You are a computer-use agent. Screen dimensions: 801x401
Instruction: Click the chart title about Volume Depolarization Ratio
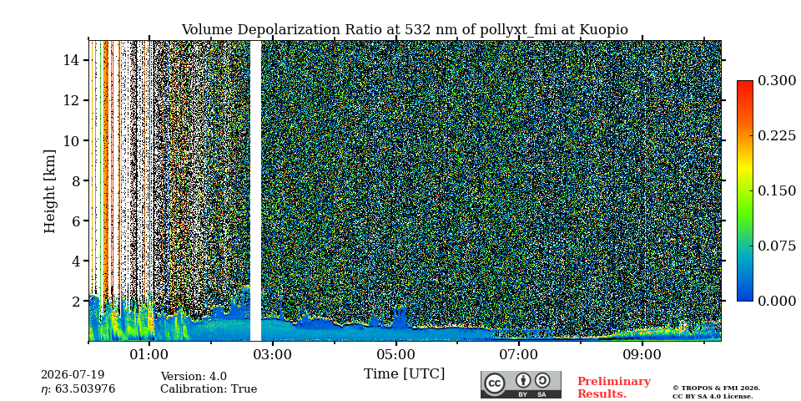click(405, 30)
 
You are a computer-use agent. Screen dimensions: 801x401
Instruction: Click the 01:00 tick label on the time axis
click(149, 355)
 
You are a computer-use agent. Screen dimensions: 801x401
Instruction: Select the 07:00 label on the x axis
click(519, 355)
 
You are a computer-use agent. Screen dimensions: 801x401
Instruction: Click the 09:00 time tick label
click(642, 355)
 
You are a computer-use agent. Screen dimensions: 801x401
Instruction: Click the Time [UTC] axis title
click(404, 374)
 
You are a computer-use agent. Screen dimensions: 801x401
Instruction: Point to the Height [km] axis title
click(49, 191)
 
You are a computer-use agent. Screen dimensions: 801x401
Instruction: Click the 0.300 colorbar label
click(777, 81)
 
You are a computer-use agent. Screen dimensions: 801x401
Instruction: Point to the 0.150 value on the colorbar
click(777, 190)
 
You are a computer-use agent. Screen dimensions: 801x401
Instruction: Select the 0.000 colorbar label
click(777, 301)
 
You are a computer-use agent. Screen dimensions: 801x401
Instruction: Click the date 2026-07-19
click(73, 375)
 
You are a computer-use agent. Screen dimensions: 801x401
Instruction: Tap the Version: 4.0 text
click(194, 377)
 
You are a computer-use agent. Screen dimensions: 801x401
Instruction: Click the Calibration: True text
click(209, 389)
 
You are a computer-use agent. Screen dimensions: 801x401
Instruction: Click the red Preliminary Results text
click(614, 388)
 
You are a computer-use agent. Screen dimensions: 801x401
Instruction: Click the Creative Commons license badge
click(521, 384)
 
